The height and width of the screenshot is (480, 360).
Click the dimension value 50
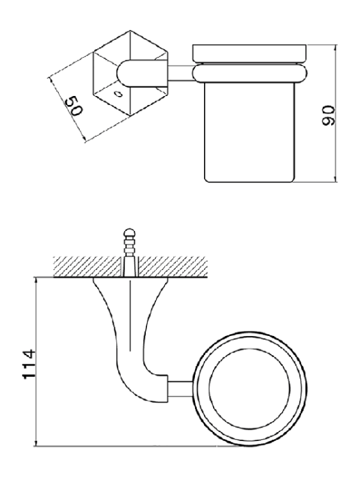74,106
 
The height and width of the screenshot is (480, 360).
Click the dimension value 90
329,115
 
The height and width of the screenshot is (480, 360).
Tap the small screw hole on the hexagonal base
118,93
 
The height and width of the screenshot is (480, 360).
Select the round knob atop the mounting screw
130,233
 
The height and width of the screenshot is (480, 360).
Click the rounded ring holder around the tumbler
250,73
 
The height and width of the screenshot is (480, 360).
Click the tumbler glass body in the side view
250,133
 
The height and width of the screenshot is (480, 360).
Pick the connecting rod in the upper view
180,74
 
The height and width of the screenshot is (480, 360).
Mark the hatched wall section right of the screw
173,267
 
